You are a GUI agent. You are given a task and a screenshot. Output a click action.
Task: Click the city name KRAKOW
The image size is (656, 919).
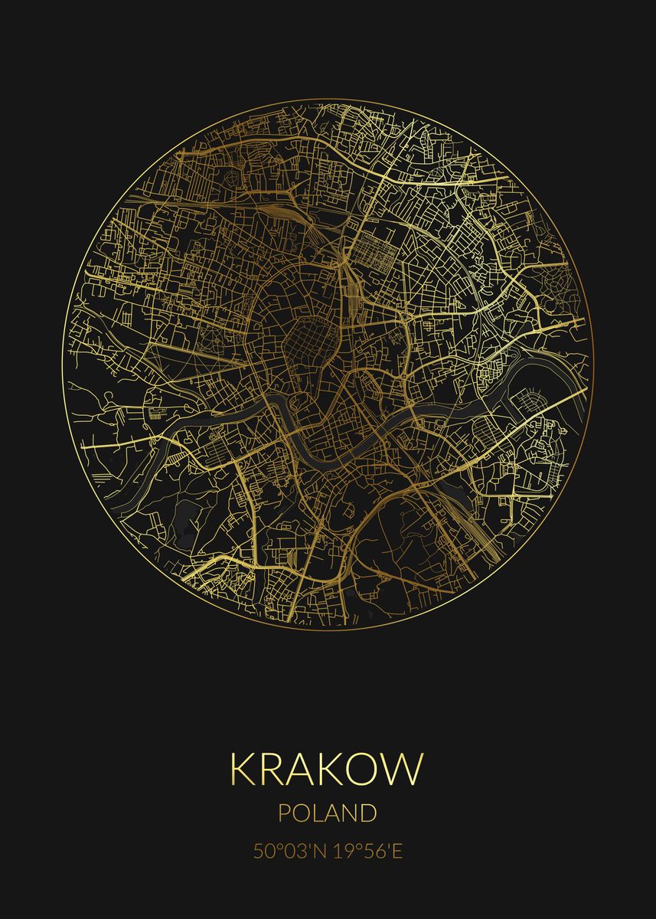[x=327, y=769]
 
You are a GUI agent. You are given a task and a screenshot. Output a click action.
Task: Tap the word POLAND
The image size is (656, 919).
[x=327, y=813]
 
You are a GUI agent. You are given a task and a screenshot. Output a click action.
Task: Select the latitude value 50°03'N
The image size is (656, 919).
[x=291, y=852]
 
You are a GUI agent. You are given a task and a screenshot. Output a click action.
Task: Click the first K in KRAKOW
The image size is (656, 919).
[x=244, y=769]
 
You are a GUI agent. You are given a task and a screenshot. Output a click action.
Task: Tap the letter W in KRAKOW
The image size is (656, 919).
[x=405, y=769]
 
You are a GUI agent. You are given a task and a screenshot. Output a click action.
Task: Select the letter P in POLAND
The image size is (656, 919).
[x=285, y=813]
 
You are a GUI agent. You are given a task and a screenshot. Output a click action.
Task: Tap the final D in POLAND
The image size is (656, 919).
[x=368, y=813]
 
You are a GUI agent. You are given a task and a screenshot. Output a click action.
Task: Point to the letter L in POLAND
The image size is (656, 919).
[x=320, y=813]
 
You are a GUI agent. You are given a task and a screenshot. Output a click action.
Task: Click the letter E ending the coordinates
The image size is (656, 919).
[x=397, y=852]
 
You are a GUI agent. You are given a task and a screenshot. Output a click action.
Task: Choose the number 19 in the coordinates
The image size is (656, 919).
[x=343, y=852]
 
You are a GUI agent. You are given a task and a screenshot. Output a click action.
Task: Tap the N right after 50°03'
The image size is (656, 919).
[x=321, y=852]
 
